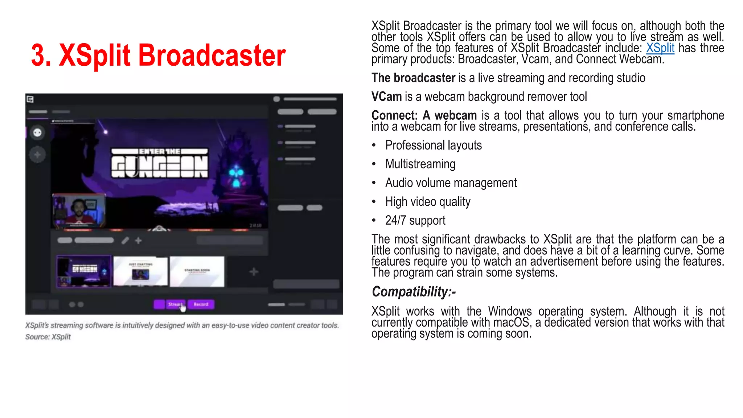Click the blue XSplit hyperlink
pos(660,48)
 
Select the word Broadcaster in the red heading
pos(212,56)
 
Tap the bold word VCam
pos(386,97)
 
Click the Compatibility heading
pos(414,292)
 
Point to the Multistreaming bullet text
pos(420,164)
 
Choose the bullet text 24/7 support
pos(415,220)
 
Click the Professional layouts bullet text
pos(433,146)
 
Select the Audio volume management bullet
pos(451,183)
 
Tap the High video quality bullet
pos(427,202)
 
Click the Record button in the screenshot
pos(201,304)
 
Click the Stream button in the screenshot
pos(176,304)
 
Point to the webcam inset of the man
pos(79,210)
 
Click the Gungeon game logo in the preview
pos(160,163)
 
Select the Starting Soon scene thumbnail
pos(197,271)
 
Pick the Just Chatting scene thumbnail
pos(140,271)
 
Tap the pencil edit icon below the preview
pos(125,241)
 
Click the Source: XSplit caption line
pos(48,337)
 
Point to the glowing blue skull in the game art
pos(236,176)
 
